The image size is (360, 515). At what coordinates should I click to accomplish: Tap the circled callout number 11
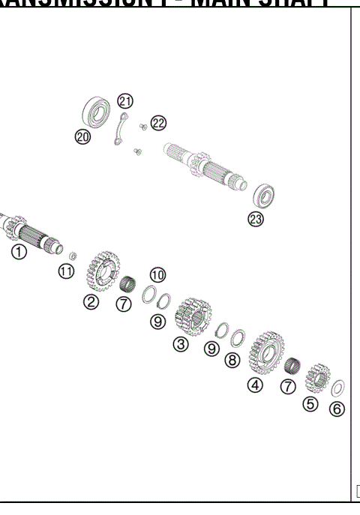point(67,271)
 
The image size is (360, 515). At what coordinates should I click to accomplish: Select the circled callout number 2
point(91,301)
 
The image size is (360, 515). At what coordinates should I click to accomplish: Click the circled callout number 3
point(180,344)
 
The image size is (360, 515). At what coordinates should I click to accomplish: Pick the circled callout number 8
point(232,361)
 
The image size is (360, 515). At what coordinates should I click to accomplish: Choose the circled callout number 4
point(256,385)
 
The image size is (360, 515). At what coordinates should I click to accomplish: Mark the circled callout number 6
point(337,411)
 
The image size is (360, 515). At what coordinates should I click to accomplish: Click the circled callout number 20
point(82,136)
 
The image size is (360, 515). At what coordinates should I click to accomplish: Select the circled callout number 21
point(125,102)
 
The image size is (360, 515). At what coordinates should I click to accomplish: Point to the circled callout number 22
point(158,123)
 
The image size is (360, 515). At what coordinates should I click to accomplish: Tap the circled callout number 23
point(256,219)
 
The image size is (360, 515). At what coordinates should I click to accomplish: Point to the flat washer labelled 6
point(338,388)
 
